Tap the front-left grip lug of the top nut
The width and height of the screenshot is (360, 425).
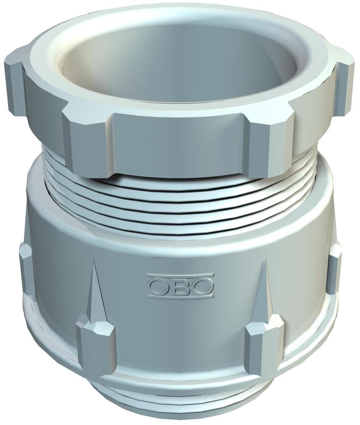point(87,140)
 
